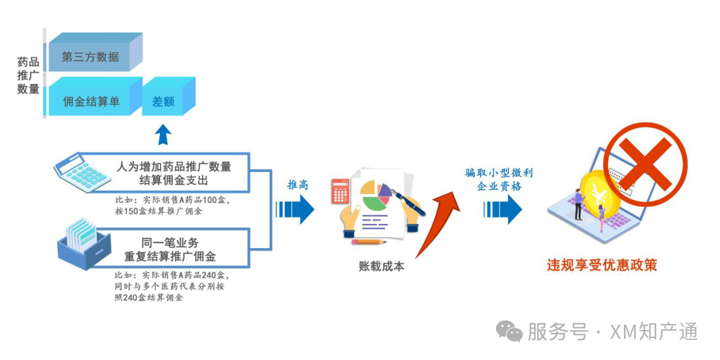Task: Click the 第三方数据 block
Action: [x=91, y=56]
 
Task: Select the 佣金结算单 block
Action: [x=91, y=101]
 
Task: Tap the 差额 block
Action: [x=164, y=101]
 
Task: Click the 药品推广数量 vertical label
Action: [x=28, y=75]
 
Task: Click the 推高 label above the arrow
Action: [x=297, y=185]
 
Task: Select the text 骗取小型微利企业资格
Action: [x=499, y=179]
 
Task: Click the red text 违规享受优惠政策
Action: [x=602, y=265]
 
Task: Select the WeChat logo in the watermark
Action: [x=512, y=331]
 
